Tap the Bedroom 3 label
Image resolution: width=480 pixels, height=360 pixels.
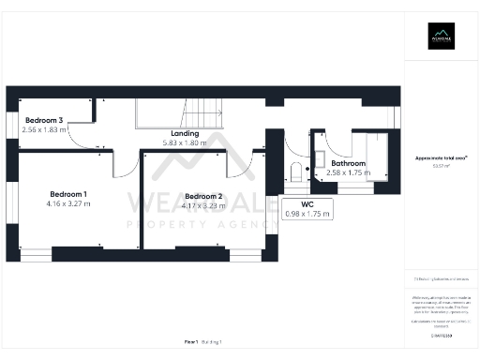(44, 121)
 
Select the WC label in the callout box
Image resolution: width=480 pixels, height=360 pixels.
(307, 203)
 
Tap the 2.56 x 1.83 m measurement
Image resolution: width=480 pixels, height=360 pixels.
(44, 130)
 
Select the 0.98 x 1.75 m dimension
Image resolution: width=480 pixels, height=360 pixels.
(307, 214)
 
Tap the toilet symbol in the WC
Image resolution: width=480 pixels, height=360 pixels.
(296, 172)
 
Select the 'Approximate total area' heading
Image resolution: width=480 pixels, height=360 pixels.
(441, 158)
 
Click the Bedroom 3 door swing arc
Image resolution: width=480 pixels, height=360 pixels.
(82, 142)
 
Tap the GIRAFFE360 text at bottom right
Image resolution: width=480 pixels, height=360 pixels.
(441, 334)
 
